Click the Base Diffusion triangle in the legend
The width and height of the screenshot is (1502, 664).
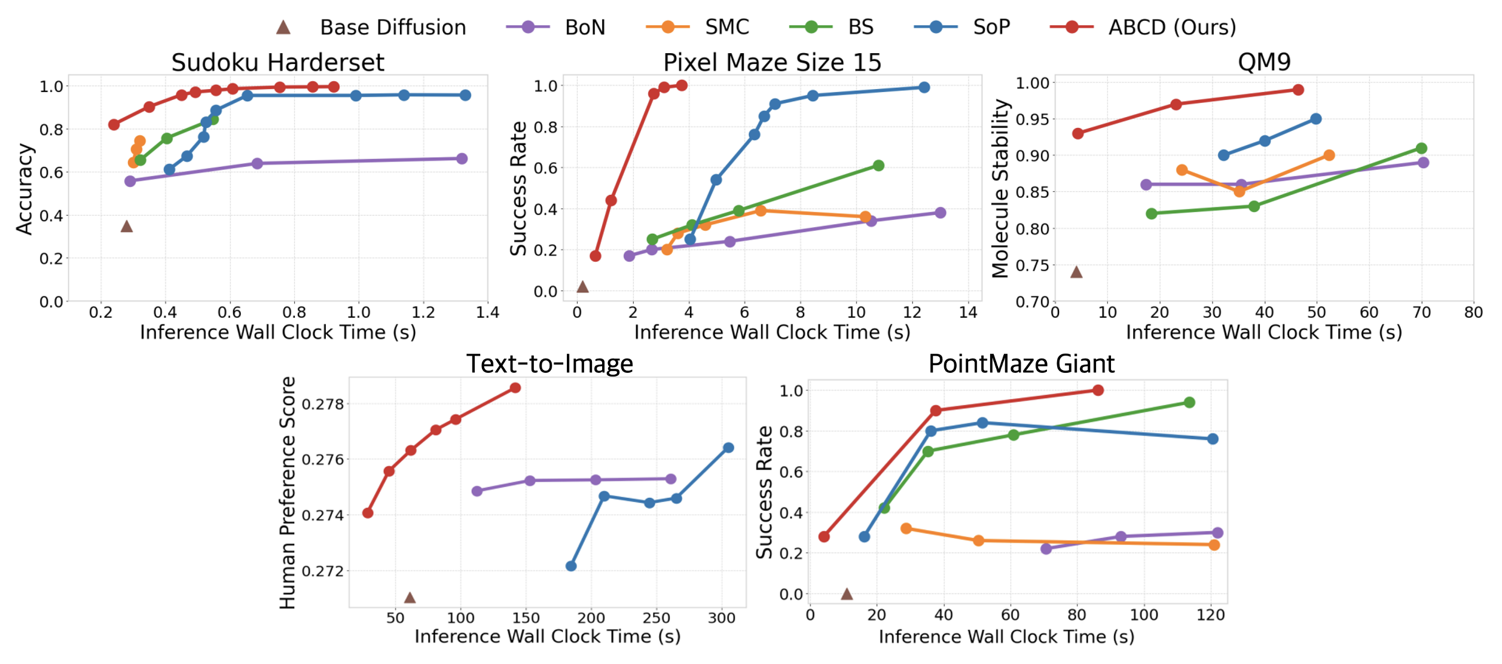(283, 27)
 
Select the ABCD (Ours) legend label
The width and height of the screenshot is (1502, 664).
(1172, 27)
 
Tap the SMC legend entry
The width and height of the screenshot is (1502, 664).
(726, 27)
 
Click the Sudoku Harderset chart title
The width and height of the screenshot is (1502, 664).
(277, 62)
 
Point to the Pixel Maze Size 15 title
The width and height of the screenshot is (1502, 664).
(772, 62)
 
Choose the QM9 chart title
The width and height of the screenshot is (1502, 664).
(1264, 62)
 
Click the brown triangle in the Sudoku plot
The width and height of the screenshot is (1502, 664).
(126, 226)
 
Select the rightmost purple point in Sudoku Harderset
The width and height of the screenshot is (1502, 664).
(462, 158)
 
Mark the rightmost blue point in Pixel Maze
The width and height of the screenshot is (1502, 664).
(924, 87)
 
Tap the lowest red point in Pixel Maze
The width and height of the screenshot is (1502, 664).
(595, 256)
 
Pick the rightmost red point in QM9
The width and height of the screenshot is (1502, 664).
(1298, 90)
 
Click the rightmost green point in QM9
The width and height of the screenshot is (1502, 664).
(1421, 148)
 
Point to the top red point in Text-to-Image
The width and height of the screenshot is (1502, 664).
(515, 388)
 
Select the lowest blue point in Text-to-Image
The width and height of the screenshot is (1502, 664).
(571, 565)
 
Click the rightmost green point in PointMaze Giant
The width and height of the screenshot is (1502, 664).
(1189, 402)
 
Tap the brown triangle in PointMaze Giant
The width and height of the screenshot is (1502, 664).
(847, 593)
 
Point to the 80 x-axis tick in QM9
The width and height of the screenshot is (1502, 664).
(1473, 312)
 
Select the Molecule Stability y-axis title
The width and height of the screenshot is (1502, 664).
(1000, 188)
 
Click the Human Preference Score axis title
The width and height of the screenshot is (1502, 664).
(288, 492)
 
